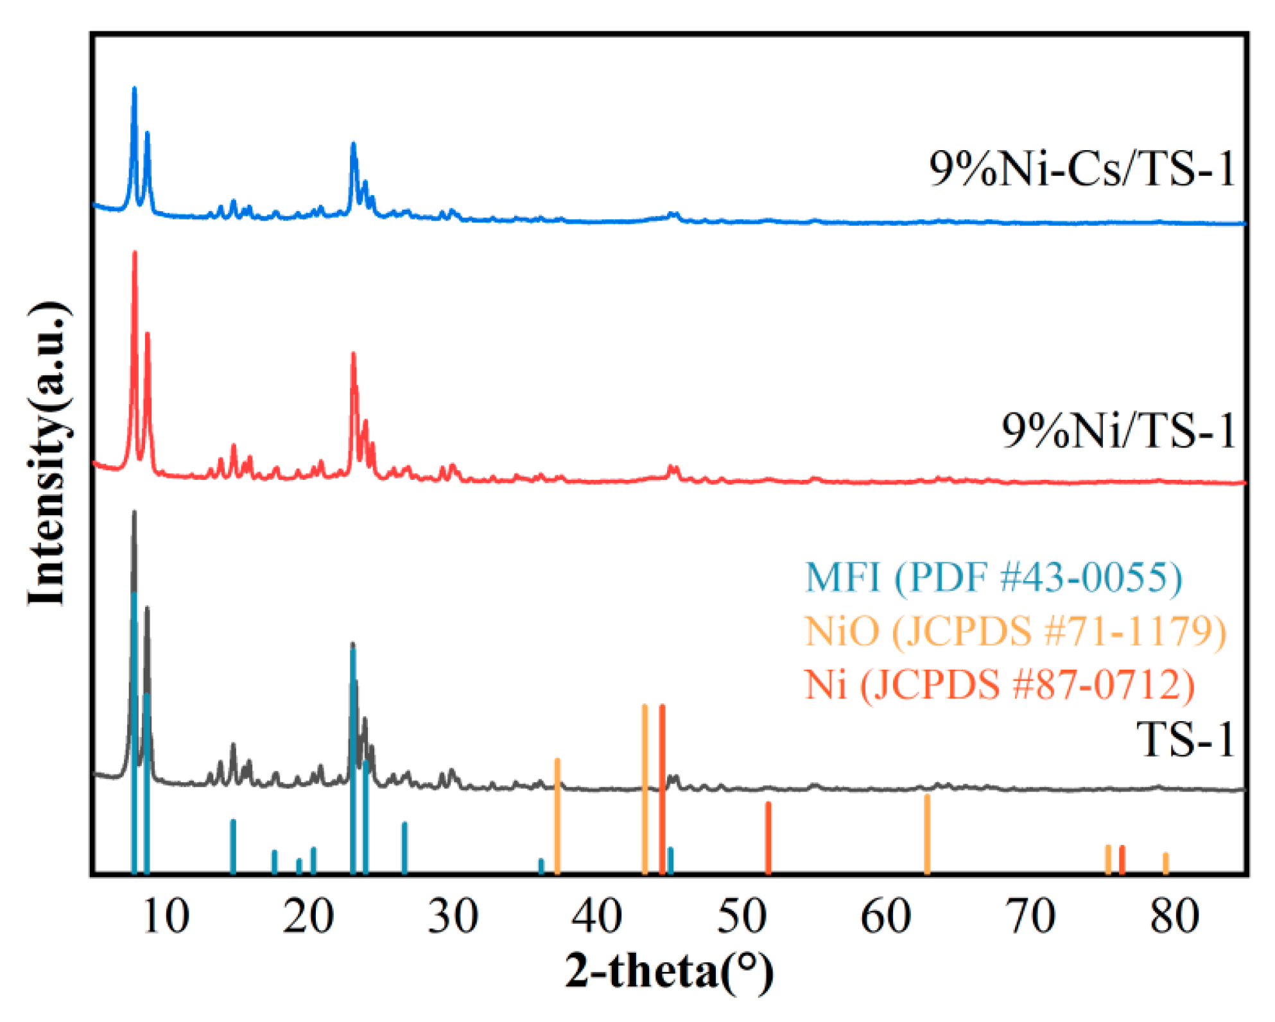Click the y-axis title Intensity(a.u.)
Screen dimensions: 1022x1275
[x=48, y=453]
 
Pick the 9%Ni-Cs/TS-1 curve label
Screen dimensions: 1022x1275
[x=1082, y=169]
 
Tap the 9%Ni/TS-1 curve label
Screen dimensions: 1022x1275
[x=1119, y=430]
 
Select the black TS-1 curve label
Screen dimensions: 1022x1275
[x=1186, y=740]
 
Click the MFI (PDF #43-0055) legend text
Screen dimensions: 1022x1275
[x=994, y=577]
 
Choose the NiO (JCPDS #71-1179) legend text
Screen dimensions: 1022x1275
[x=1016, y=631]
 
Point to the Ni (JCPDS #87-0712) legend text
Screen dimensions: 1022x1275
[x=1000, y=684]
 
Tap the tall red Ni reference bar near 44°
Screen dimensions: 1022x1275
[x=662, y=789]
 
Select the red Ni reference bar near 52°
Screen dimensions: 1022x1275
[x=768, y=837]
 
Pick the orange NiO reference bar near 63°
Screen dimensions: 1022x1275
[x=927, y=834]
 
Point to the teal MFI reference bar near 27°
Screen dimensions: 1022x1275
[x=404, y=847]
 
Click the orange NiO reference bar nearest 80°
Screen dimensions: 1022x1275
[x=1166, y=863]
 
